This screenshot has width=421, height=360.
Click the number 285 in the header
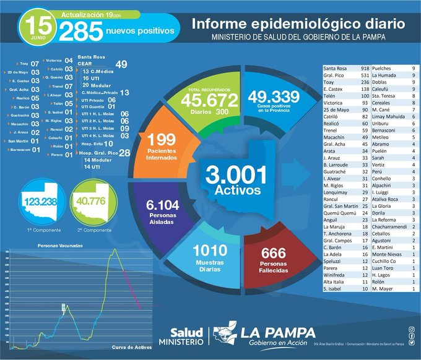point(79,30)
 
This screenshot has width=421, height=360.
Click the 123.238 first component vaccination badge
point(40,202)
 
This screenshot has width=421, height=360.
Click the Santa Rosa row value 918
point(365,67)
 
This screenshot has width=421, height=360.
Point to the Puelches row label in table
point(385,67)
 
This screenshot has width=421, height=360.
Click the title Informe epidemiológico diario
point(298,24)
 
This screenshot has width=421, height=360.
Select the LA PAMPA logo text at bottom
point(278,332)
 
